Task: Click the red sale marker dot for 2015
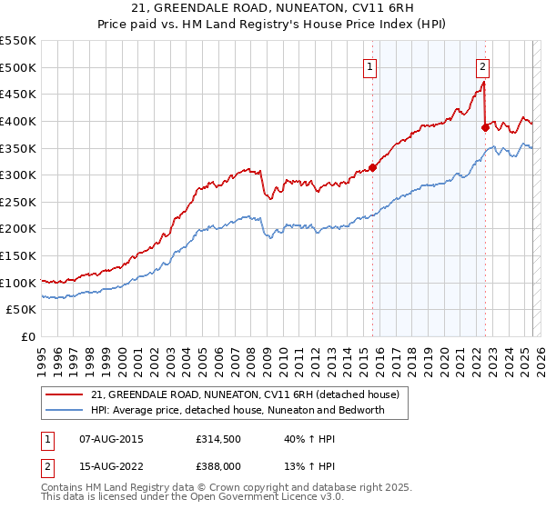pos(372,167)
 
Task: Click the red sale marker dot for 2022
pos(485,127)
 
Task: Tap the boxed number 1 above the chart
pos(371,65)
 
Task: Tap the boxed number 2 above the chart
pos(481,65)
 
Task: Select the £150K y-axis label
pos(18,256)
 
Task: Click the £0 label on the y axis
pos(27,337)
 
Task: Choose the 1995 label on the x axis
pos(43,356)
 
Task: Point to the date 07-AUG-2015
pos(106,439)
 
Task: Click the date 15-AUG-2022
pos(106,468)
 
